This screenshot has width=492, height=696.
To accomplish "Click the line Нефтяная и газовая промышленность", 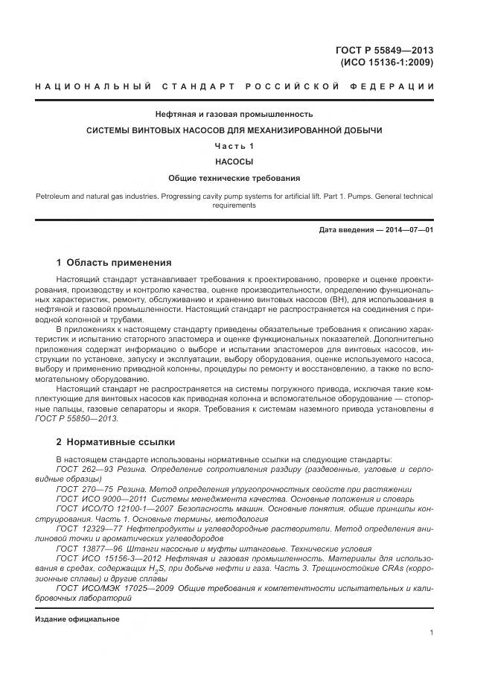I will (x=234, y=115).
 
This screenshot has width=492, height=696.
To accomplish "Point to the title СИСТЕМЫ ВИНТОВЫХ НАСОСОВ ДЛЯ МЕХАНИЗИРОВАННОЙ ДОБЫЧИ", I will (x=234, y=130).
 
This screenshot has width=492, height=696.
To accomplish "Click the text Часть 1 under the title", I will (x=234, y=146).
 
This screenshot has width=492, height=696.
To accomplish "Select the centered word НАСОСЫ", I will (x=234, y=162).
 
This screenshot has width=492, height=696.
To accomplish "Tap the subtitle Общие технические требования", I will (x=234, y=179).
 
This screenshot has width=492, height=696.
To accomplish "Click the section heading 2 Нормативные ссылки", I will (x=112, y=441).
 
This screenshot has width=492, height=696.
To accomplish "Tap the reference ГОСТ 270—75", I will (x=79, y=489).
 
